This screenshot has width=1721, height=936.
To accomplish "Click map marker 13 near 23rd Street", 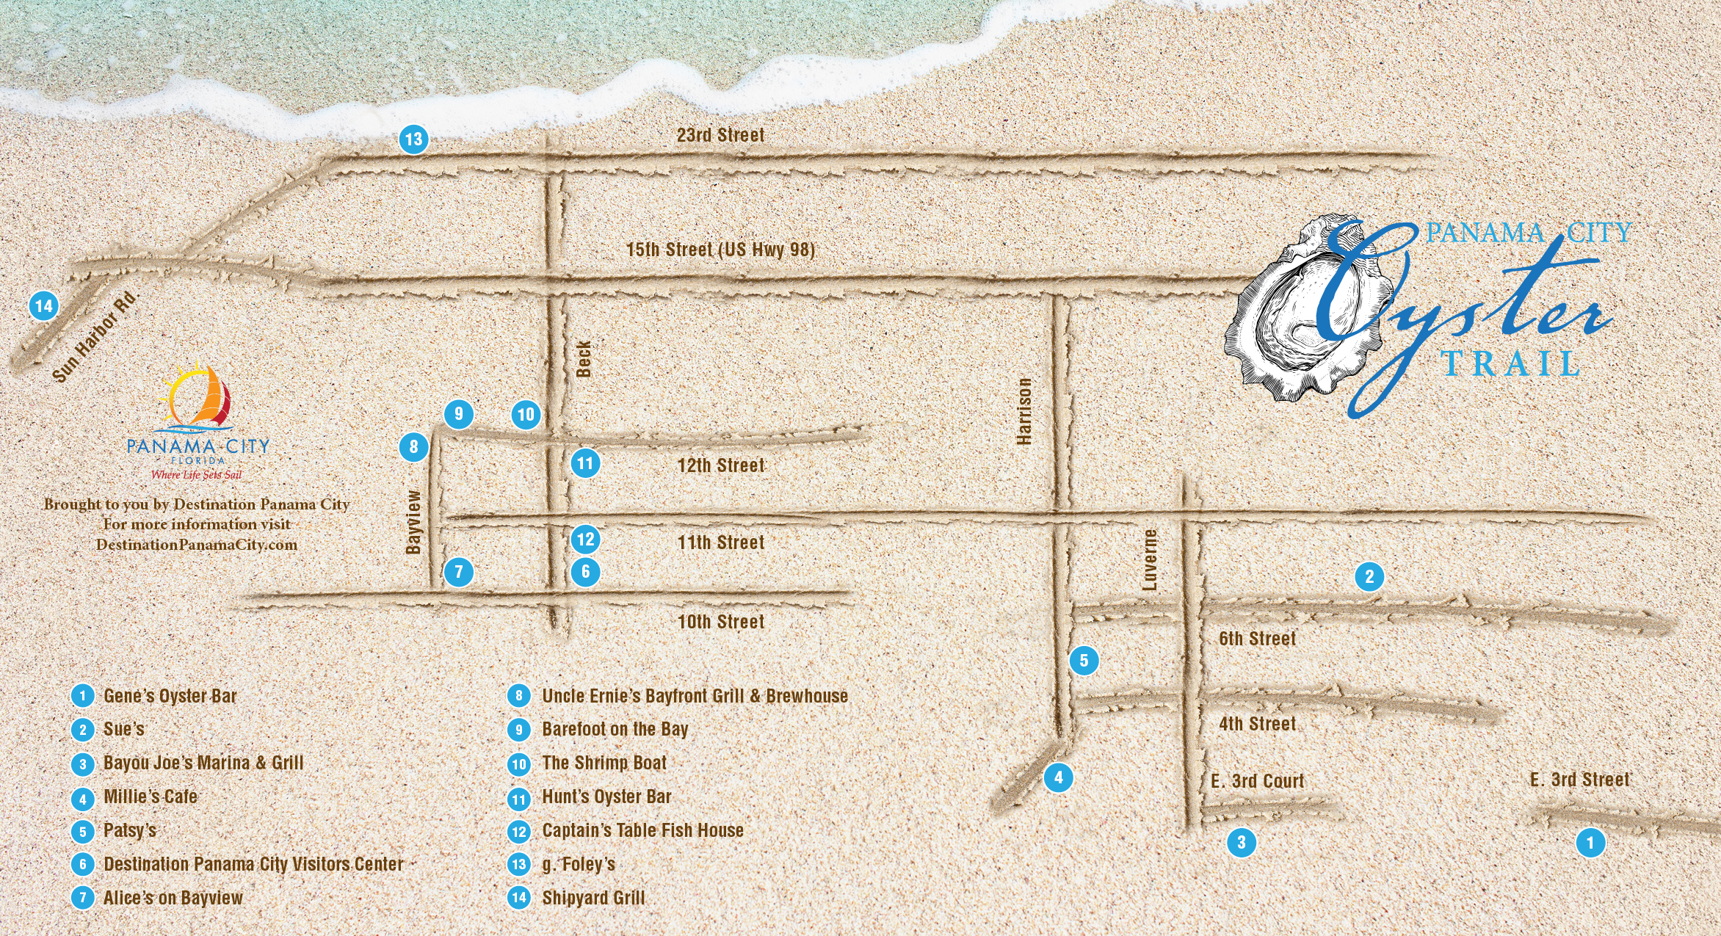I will [x=414, y=139].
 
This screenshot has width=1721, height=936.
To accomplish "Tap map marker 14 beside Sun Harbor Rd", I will [x=43, y=305].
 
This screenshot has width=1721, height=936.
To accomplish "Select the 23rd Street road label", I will [x=720, y=135].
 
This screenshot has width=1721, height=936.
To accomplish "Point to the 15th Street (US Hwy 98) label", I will [x=720, y=250].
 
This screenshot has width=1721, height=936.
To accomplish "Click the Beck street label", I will [x=584, y=358].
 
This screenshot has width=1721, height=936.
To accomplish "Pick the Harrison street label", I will [x=1024, y=411].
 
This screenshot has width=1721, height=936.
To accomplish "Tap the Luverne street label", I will [x=1150, y=559].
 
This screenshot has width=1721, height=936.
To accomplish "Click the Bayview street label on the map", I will [x=414, y=522].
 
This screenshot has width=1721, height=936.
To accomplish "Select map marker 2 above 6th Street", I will [x=1369, y=576].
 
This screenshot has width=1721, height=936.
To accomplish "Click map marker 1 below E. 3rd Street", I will [x=1590, y=842].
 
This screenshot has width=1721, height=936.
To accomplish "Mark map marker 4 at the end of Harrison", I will [x=1058, y=777].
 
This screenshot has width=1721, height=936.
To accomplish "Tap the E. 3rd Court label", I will [x=1257, y=781].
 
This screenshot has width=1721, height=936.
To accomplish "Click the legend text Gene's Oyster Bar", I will [x=170, y=696].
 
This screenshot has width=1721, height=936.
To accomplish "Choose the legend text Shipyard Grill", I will [x=593, y=898].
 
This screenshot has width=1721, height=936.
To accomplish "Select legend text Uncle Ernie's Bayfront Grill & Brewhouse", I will [x=695, y=696].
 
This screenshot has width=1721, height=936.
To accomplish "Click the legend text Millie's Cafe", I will [x=151, y=797].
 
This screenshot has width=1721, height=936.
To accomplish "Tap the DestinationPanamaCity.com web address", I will [x=197, y=545].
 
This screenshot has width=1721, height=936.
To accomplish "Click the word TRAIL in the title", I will [x=1510, y=364].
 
